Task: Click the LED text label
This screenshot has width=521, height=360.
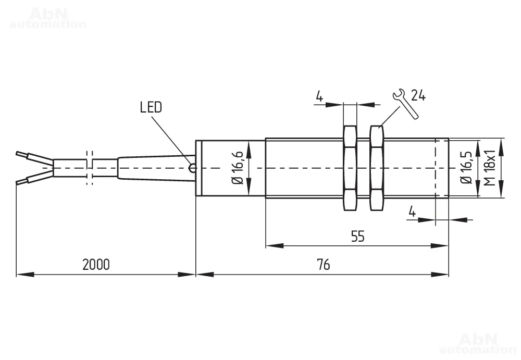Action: pos(151,108)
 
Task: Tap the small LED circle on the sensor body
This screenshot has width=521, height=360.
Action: pos(193,168)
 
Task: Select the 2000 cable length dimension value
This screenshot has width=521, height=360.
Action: pos(96,265)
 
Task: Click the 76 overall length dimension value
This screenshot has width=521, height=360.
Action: pos(323,265)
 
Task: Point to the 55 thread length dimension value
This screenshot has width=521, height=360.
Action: pos(357,237)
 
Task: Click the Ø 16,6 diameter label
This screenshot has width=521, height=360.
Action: pos(238,168)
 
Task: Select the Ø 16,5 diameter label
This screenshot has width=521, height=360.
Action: pos(466,168)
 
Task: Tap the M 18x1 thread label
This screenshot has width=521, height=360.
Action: pos(489,168)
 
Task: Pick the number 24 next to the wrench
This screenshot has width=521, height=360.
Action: pos(418,95)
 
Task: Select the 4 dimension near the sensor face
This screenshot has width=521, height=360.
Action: pos(412,212)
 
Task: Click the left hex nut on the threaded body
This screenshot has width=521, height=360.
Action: pos(350,168)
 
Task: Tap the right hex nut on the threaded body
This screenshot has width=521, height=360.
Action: pos(377,168)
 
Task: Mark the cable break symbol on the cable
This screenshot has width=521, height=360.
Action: pos(89,168)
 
